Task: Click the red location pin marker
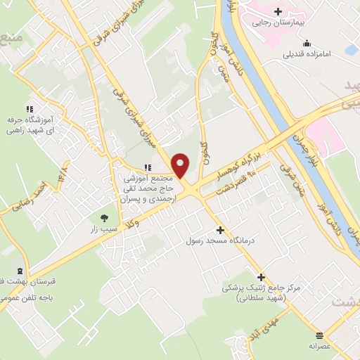click(x=181, y=165)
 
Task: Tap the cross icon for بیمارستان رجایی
click(x=278, y=11)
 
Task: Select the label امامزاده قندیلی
click(x=312, y=53)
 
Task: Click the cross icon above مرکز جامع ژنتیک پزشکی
click(x=261, y=277)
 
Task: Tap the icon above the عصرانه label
click(x=321, y=335)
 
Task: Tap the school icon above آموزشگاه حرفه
click(x=29, y=109)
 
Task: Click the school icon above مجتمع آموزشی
click(x=147, y=167)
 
